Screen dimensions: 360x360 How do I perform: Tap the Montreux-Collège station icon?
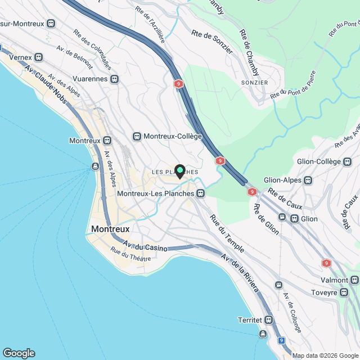point(137,137)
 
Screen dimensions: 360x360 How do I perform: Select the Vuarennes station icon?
point(115,79)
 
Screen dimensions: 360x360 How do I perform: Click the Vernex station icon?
point(39,57)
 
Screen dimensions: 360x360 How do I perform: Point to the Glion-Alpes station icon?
point(308,181)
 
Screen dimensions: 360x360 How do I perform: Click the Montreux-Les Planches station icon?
point(200,193)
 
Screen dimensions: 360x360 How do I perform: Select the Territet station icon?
point(269,319)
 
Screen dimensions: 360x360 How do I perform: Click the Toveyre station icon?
point(354,292)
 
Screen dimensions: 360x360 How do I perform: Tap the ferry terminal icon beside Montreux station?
point(95,166)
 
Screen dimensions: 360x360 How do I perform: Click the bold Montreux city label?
point(110,229)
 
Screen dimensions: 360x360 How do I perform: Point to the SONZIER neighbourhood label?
point(255,82)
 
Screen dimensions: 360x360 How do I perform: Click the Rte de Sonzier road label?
point(212,42)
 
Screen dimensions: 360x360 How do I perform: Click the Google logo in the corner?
point(19,353)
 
